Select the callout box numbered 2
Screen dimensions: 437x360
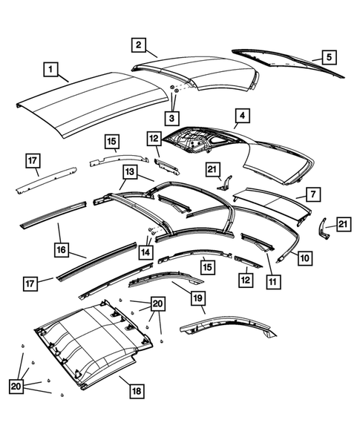pyautogui.click(x=138, y=45)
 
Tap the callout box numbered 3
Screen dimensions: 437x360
pyautogui.click(x=171, y=117)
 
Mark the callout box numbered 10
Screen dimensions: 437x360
pyautogui.click(x=304, y=257)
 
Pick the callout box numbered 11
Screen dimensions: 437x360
pyautogui.click(x=272, y=281)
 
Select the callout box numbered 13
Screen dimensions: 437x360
pyautogui.click(x=130, y=172)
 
